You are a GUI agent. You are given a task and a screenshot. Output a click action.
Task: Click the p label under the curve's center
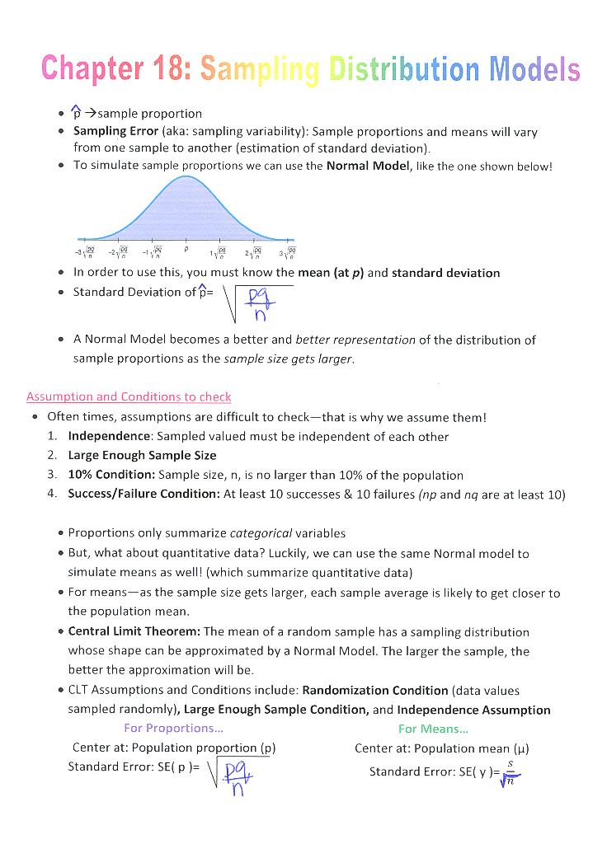[x=186, y=247]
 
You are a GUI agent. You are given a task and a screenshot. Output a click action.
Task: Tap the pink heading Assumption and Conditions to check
[x=129, y=396]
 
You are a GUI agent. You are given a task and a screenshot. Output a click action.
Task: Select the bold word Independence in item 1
[x=110, y=436]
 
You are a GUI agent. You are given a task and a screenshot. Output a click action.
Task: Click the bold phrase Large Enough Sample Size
[x=142, y=455]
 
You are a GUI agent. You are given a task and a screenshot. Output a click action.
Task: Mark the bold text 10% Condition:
[x=111, y=475]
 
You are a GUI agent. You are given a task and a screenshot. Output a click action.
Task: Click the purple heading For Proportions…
[x=173, y=729]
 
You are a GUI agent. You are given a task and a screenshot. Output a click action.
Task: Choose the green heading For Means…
[x=433, y=729]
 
